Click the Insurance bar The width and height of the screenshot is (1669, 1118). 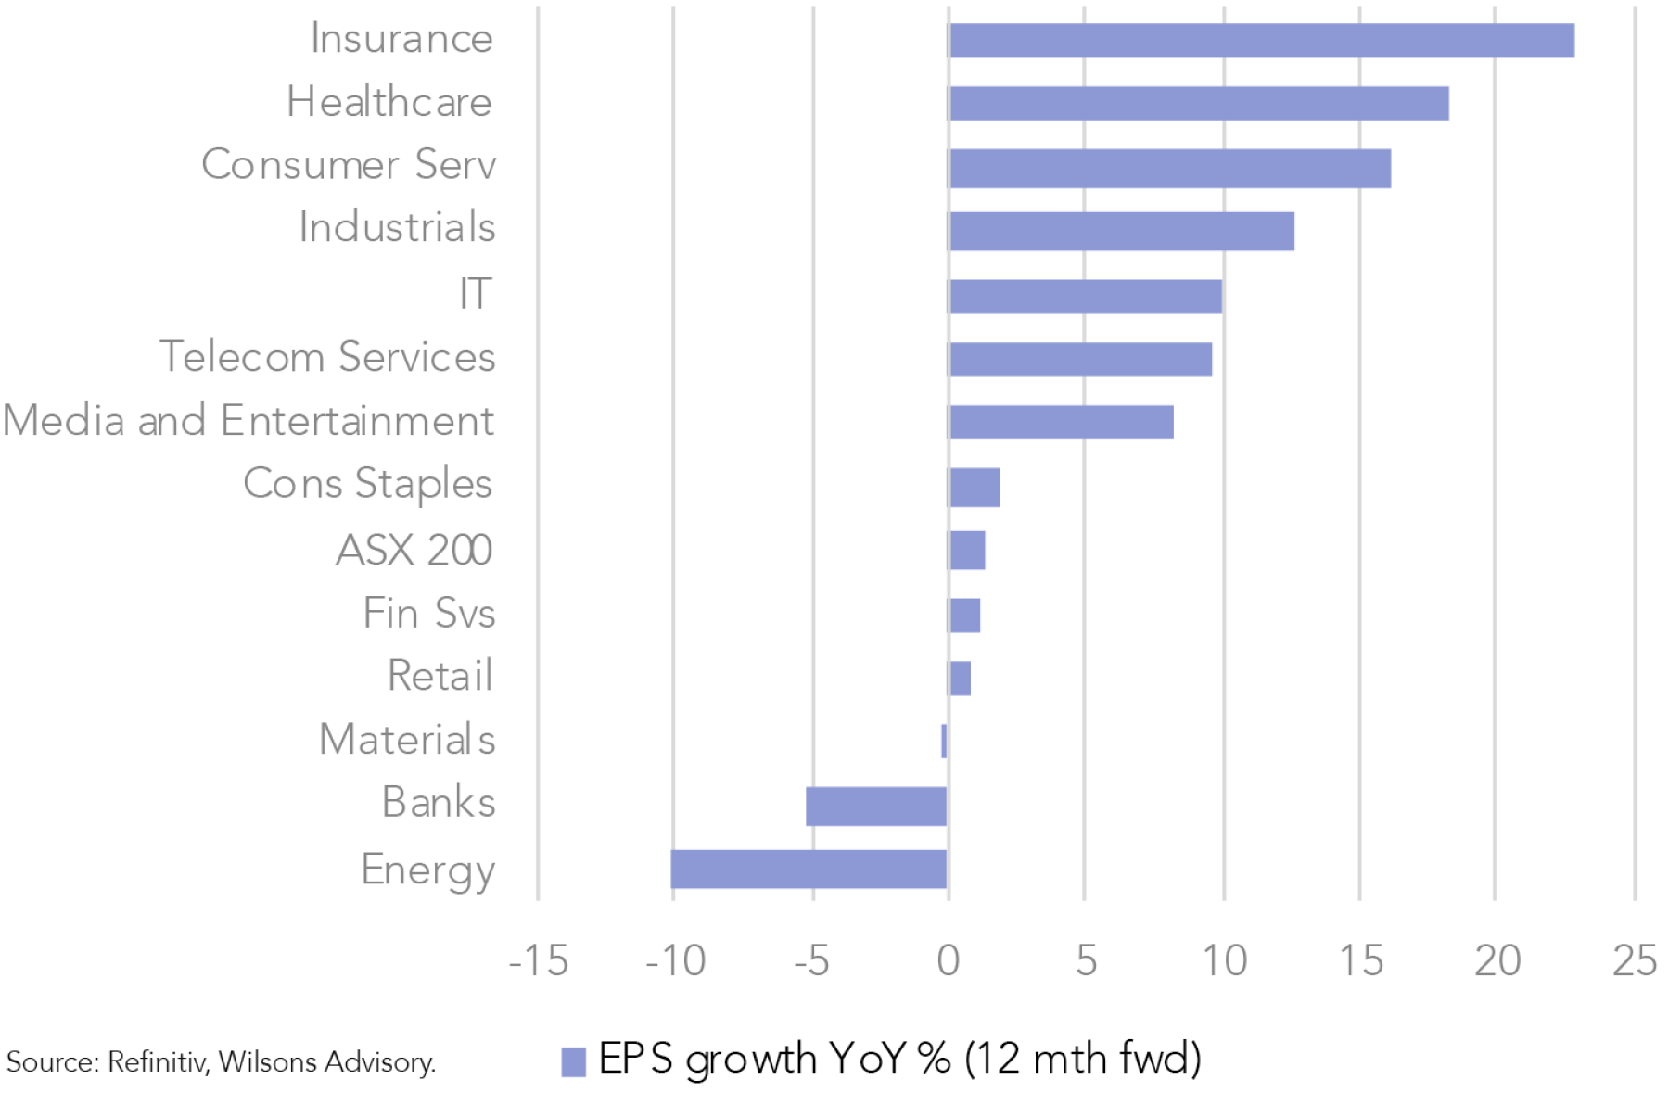pos(1261,41)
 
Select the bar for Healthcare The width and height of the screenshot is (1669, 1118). pos(1199,103)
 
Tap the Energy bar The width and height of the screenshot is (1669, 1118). pos(809,869)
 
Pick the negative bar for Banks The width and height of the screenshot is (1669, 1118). pos(876,806)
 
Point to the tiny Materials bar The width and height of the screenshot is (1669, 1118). pos(944,742)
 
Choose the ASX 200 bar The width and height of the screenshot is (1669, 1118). pos(967,551)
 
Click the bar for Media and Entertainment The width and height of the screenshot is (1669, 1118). pos(1062,423)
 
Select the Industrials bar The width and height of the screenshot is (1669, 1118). pos(1122,231)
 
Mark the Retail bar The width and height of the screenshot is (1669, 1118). pos(960,679)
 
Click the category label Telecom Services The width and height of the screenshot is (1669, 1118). pos(327,357)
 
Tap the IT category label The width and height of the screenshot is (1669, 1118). pos(476,294)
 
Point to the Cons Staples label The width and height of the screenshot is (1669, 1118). pos(367,484)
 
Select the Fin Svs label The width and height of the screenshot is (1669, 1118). pos(429,613)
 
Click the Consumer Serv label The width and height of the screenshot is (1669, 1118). pos(349,165)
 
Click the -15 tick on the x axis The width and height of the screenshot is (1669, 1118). pos(538,961)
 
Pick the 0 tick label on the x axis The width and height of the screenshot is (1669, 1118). pos(948,961)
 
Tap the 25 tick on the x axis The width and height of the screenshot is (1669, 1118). pos(1634,961)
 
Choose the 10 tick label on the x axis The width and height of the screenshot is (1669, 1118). pos(1224,961)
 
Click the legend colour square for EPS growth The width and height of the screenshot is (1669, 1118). pos(574,1061)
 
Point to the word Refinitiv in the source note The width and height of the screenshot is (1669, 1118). pos(158,1062)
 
